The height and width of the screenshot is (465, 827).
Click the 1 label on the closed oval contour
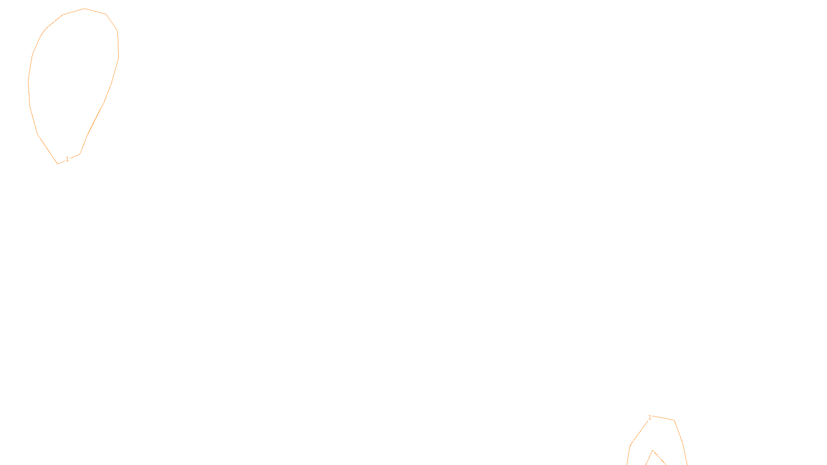coord(67,159)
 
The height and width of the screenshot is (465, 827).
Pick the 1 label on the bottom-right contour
coord(650,417)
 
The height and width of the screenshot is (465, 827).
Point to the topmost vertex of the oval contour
coord(85,9)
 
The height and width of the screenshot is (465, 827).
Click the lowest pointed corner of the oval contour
coord(57,164)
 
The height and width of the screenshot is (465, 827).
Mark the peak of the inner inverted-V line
coord(653,451)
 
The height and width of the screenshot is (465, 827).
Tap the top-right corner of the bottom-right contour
coord(674,421)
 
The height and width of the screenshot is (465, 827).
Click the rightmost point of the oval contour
coord(118,56)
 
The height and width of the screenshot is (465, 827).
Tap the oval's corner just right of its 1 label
coord(80,153)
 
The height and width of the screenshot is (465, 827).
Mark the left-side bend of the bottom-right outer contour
coord(630,445)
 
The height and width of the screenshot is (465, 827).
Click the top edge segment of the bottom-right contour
coord(664,418)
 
